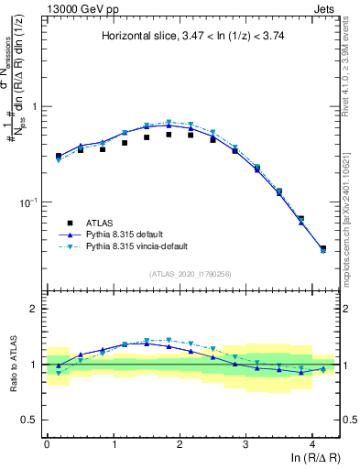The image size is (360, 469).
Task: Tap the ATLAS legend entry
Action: click(104, 222)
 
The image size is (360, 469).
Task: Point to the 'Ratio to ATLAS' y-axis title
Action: click(11, 364)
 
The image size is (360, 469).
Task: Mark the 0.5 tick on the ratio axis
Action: click(32, 420)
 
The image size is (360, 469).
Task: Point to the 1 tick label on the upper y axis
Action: click(35, 106)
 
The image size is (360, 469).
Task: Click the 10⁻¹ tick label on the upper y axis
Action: click(29, 202)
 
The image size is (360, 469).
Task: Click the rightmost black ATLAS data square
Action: click(322, 248)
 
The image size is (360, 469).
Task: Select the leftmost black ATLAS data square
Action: click(59, 156)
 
